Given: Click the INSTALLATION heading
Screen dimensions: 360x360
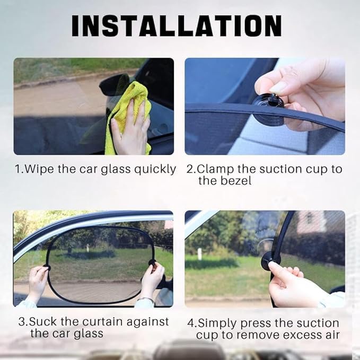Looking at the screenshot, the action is pyautogui.click(x=177, y=25).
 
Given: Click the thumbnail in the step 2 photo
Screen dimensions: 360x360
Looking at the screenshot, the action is pyautogui.click(x=278, y=87).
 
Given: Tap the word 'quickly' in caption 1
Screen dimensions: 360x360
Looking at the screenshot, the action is pyautogui.click(x=155, y=170).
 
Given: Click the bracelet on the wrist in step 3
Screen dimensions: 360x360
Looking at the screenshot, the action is pyautogui.click(x=146, y=298).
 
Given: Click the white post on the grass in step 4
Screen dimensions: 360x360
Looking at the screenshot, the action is pyautogui.click(x=200, y=254).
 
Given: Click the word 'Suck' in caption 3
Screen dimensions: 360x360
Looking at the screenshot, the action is pyautogui.click(x=43, y=322).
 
